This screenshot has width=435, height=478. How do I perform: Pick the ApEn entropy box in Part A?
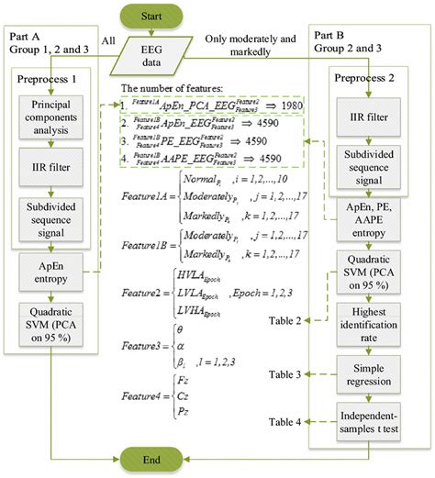tap(50, 272)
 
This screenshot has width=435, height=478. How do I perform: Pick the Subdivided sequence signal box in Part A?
tap(50, 224)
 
